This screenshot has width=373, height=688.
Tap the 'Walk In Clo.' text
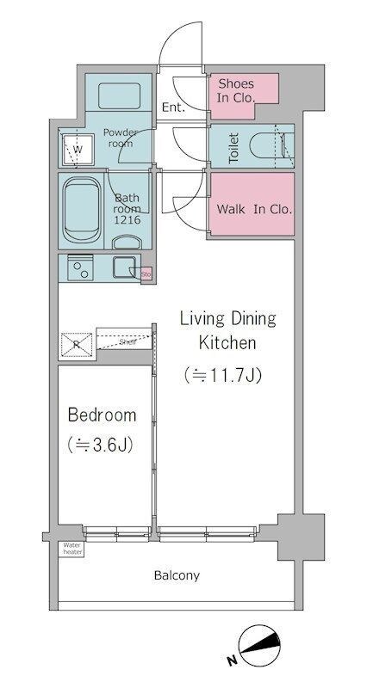tap(253, 209)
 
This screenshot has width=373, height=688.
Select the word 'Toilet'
tap(233, 148)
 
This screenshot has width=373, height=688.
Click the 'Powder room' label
tap(121, 138)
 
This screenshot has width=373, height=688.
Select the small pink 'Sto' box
tap(146, 274)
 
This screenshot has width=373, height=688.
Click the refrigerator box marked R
tap(77, 345)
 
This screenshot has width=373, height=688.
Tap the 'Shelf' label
tap(127, 341)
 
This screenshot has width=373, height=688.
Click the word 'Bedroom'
tap(102, 415)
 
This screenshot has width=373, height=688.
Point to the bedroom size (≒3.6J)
tap(102, 445)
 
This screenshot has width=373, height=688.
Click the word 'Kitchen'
tap(227, 343)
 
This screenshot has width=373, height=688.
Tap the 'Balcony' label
tap(177, 575)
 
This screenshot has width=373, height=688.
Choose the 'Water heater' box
tap(71, 548)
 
